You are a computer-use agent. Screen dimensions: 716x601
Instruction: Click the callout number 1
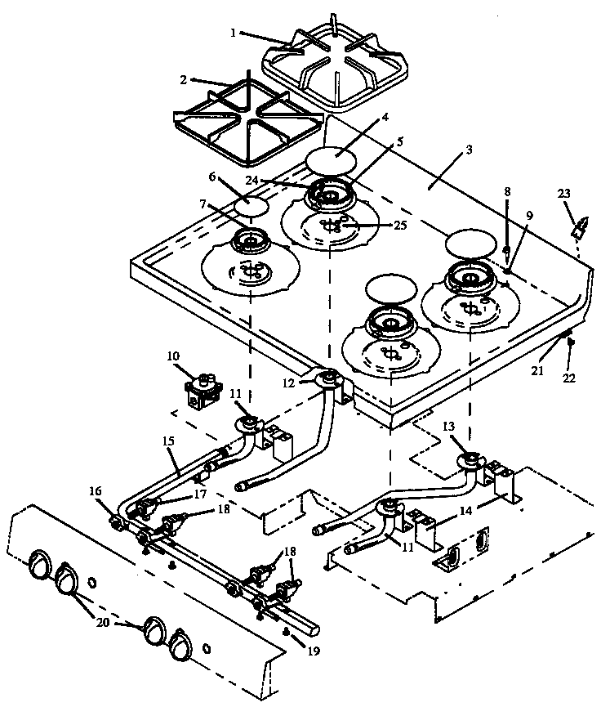[233, 33]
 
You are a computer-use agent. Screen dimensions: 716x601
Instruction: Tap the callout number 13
[447, 427]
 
